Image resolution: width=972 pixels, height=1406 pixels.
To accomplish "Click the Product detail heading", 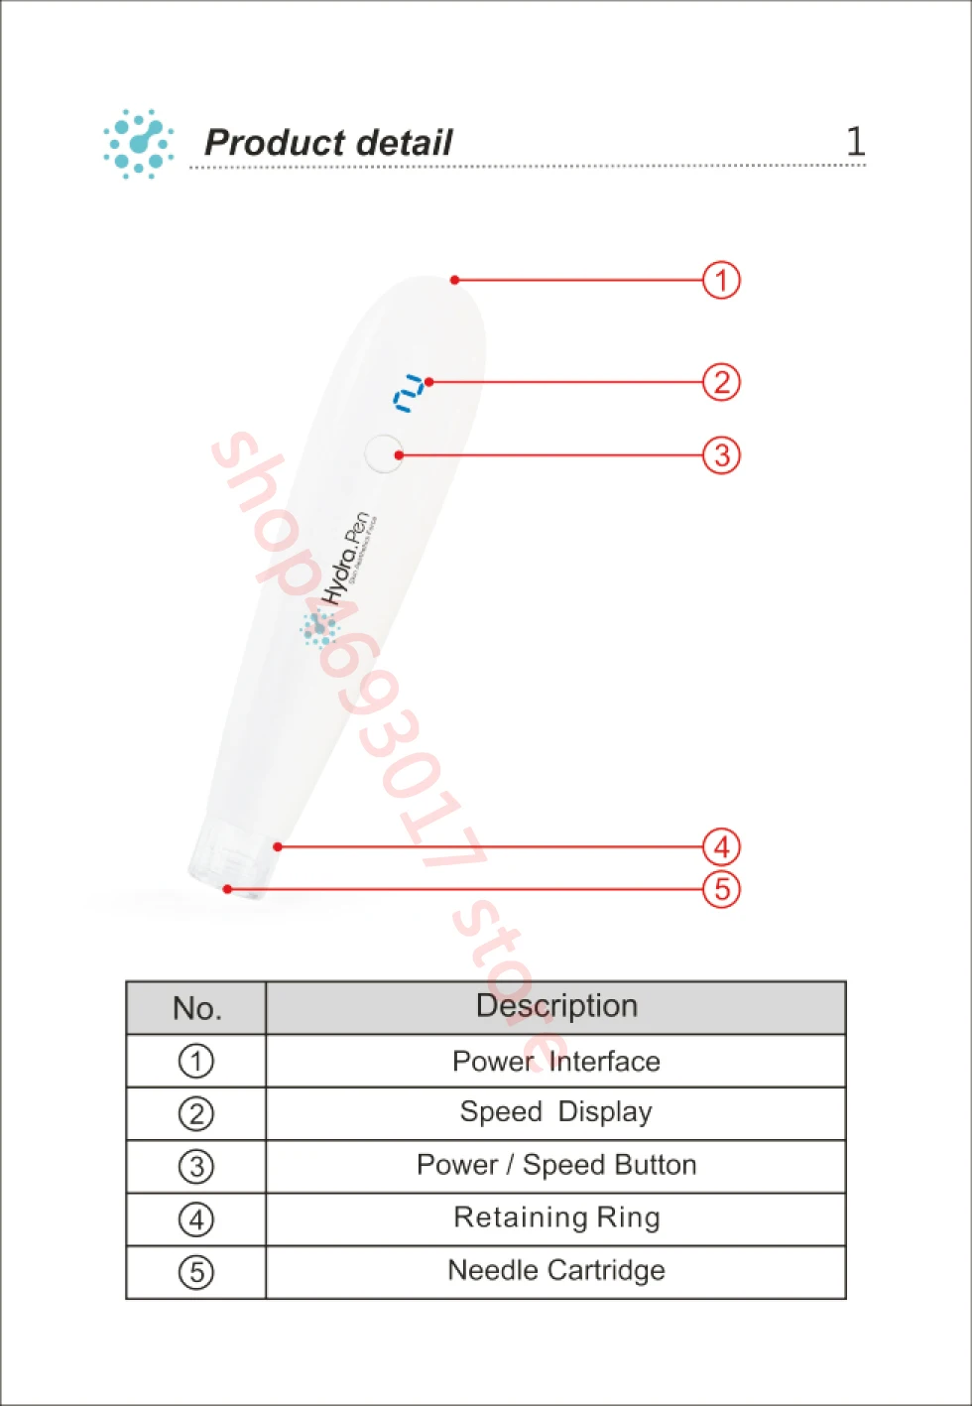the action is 328,143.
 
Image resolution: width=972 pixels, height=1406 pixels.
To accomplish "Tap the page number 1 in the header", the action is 855,141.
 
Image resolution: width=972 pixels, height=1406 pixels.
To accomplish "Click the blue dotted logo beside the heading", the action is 138,144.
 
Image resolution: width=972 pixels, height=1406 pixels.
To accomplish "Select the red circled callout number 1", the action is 721,280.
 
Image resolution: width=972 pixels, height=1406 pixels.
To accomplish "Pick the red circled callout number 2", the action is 721,382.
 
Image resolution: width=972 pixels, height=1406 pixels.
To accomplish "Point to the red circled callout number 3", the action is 721,455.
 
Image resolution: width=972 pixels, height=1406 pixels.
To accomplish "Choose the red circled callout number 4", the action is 721,847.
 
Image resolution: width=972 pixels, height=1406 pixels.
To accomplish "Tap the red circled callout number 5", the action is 721,889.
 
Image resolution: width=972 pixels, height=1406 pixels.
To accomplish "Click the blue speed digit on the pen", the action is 409,394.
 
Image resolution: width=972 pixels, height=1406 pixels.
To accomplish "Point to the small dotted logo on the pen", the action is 318,628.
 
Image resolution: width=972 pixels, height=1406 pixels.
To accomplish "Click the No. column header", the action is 196,1008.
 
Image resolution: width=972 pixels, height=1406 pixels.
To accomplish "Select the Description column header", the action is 556,1006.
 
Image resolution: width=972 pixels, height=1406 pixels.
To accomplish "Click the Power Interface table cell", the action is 555,1062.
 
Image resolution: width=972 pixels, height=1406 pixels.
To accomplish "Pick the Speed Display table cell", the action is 555,1112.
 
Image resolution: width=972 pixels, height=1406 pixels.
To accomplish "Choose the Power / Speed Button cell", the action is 555,1165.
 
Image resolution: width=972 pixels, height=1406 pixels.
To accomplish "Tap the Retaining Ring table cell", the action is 555,1217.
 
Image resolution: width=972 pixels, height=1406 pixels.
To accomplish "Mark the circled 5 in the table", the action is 196,1272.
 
